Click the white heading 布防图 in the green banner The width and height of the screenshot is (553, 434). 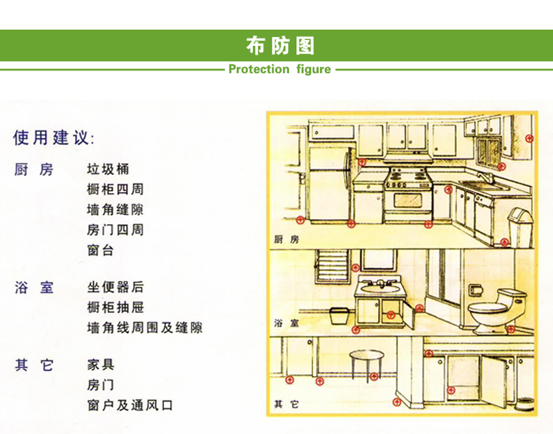[x=280, y=45]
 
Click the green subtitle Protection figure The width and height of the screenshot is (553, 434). [x=280, y=69]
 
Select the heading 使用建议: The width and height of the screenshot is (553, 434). [x=54, y=137]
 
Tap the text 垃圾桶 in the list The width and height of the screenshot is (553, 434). [x=108, y=169]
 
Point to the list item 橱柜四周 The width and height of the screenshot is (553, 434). [x=115, y=189]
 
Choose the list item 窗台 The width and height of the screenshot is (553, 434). [x=101, y=251]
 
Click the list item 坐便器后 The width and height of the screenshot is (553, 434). [x=115, y=287]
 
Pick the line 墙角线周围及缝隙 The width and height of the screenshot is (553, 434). [x=145, y=328]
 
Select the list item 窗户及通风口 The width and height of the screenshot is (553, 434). [x=130, y=405]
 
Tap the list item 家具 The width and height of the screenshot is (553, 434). [x=101, y=365]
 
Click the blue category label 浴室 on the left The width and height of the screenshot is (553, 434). [x=34, y=287]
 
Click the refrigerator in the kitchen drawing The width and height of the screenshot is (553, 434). [x=330, y=185]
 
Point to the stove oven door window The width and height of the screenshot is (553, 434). [x=408, y=201]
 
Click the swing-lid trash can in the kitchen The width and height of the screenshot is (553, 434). [x=520, y=227]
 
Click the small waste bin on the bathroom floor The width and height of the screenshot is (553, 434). [x=339, y=316]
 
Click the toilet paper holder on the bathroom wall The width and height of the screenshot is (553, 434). [x=475, y=290]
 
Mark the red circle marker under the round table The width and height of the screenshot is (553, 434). [x=374, y=377]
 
